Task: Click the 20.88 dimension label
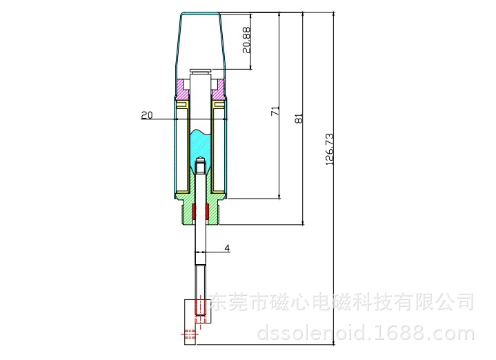coord(247,40)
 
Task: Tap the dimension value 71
coord(275,111)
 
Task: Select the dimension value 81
coord(299,119)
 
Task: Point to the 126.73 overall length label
coord(329,149)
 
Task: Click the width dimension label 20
coord(147,115)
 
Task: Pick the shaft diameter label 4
coord(227,248)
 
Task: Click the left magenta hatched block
coord(183,88)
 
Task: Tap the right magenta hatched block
coord(218,88)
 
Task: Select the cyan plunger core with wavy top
coord(201,150)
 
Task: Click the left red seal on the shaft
coord(194,212)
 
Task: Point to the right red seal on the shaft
coord(208,212)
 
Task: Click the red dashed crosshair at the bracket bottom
coord(190,333)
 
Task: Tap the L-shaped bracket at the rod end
coord(194,321)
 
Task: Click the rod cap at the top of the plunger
coord(201,70)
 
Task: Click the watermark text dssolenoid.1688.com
coord(366,333)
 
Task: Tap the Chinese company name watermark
coord(342,301)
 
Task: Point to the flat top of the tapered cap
coord(200,13)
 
